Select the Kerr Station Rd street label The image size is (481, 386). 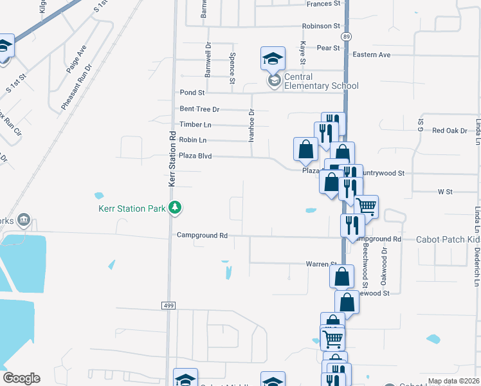(x=172, y=159)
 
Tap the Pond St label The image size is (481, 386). (x=192, y=93)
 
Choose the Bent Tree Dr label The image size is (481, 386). (x=199, y=109)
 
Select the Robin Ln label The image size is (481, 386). (x=193, y=140)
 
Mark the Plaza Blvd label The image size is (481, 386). (x=195, y=156)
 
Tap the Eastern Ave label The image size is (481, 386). (x=371, y=55)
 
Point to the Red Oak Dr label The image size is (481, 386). (x=449, y=131)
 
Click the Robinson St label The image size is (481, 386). (x=321, y=26)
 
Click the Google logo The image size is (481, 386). (x=21, y=378)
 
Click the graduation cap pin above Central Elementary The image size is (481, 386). (x=272, y=59)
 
